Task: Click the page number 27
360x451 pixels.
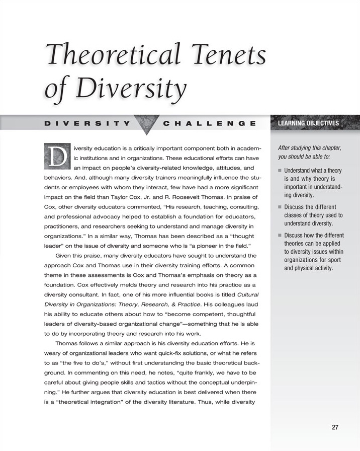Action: click(335, 428)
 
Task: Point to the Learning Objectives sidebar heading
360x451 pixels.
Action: click(309, 123)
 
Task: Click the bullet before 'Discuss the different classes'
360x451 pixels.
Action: click(280, 207)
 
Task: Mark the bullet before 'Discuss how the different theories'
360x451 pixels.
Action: click(280, 236)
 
